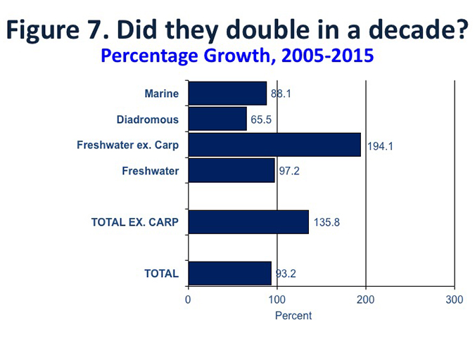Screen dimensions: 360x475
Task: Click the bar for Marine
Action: click(x=227, y=94)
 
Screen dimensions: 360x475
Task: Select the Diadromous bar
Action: click(x=217, y=120)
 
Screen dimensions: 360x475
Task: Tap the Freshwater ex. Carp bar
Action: click(x=274, y=145)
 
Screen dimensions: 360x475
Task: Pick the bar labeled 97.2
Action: click(x=232, y=170)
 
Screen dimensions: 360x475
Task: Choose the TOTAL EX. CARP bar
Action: click(x=248, y=222)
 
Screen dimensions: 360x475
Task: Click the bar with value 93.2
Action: click(x=229, y=274)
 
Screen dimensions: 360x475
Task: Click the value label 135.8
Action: click(x=327, y=223)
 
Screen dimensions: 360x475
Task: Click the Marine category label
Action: click(x=161, y=94)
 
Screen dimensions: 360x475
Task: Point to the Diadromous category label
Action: click(x=148, y=120)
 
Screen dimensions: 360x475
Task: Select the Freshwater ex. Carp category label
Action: click(x=127, y=146)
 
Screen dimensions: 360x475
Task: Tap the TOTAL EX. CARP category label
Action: click(x=134, y=223)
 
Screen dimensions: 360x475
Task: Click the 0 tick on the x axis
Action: click(x=188, y=300)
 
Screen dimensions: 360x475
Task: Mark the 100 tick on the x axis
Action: click(x=277, y=300)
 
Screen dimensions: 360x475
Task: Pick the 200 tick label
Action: click(x=366, y=300)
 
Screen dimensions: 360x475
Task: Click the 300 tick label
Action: click(x=455, y=300)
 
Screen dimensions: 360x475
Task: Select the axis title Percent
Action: click(x=293, y=316)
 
